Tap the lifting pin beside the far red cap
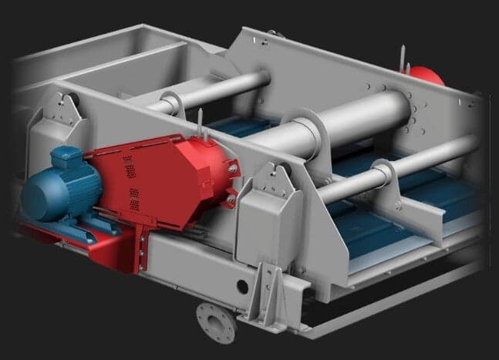pyautogui.click(x=402, y=59)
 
